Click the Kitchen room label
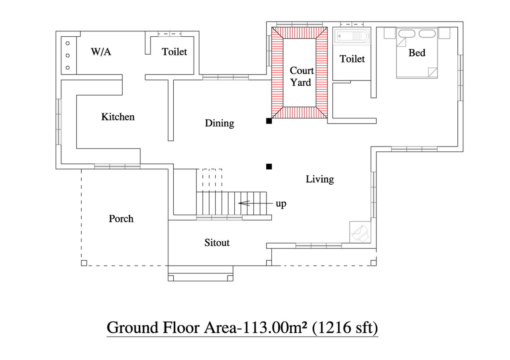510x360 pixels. [118, 117]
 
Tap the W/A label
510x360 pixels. [101, 52]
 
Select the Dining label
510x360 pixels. [219, 123]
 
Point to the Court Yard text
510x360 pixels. [302, 76]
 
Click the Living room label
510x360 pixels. [320, 179]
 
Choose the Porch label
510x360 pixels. [121, 219]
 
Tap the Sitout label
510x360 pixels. [217, 243]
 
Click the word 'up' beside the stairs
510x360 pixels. [281, 204]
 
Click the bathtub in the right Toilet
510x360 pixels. [352, 36]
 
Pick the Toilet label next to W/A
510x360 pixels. [174, 52]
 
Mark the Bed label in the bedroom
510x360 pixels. [417, 53]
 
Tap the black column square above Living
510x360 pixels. [269, 166]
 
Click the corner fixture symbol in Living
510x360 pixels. [360, 232]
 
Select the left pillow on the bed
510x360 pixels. [407, 33]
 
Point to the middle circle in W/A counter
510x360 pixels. [68, 55]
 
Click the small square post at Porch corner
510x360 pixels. [84, 263]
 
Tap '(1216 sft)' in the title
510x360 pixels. [345, 328]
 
